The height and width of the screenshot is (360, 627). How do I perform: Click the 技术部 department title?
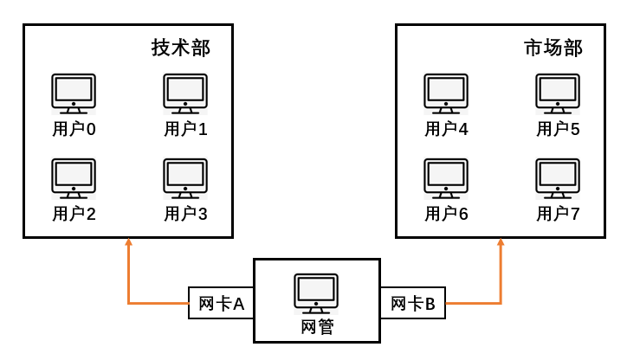click(181, 48)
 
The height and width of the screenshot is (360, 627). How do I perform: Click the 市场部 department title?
click(553, 48)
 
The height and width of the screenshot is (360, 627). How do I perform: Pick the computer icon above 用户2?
click(74, 178)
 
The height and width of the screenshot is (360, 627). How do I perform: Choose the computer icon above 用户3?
click(185, 178)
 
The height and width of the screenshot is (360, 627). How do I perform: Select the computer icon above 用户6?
click(446, 178)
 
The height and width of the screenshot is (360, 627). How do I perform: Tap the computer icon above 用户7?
click(558, 178)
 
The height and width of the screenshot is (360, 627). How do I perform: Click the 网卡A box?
click(221, 304)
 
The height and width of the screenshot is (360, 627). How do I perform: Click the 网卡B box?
click(413, 304)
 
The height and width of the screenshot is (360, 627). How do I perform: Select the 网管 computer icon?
click(316, 294)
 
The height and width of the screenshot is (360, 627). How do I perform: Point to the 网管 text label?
click(316, 327)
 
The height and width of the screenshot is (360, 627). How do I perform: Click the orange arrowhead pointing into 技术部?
click(128, 244)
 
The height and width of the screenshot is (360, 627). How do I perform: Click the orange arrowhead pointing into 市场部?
click(501, 244)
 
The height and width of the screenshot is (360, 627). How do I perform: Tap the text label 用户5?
click(558, 130)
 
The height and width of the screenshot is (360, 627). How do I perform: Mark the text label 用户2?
click(74, 214)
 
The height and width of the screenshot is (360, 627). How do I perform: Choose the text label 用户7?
click(558, 214)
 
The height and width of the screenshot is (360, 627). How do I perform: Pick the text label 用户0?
click(74, 130)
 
